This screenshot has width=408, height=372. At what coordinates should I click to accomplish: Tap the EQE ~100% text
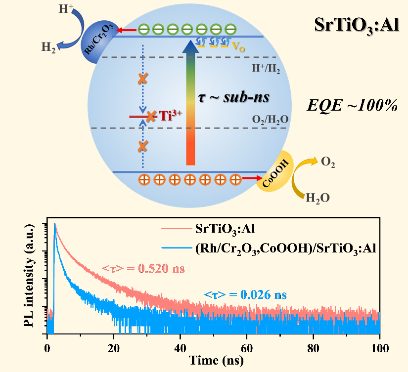pyautogui.click(x=352, y=105)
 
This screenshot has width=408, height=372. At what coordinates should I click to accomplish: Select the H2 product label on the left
pyautogui.click(x=48, y=47)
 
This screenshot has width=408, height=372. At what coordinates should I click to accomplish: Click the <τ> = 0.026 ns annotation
pyautogui.click(x=245, y=296)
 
